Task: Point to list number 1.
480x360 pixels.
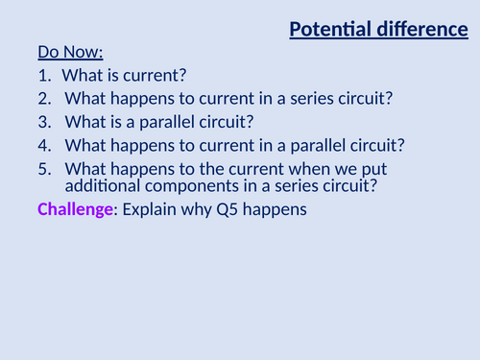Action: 44,75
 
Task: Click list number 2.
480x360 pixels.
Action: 44,99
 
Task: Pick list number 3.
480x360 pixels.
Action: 44,122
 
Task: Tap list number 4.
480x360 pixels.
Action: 44,146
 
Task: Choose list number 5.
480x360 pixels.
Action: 44,169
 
